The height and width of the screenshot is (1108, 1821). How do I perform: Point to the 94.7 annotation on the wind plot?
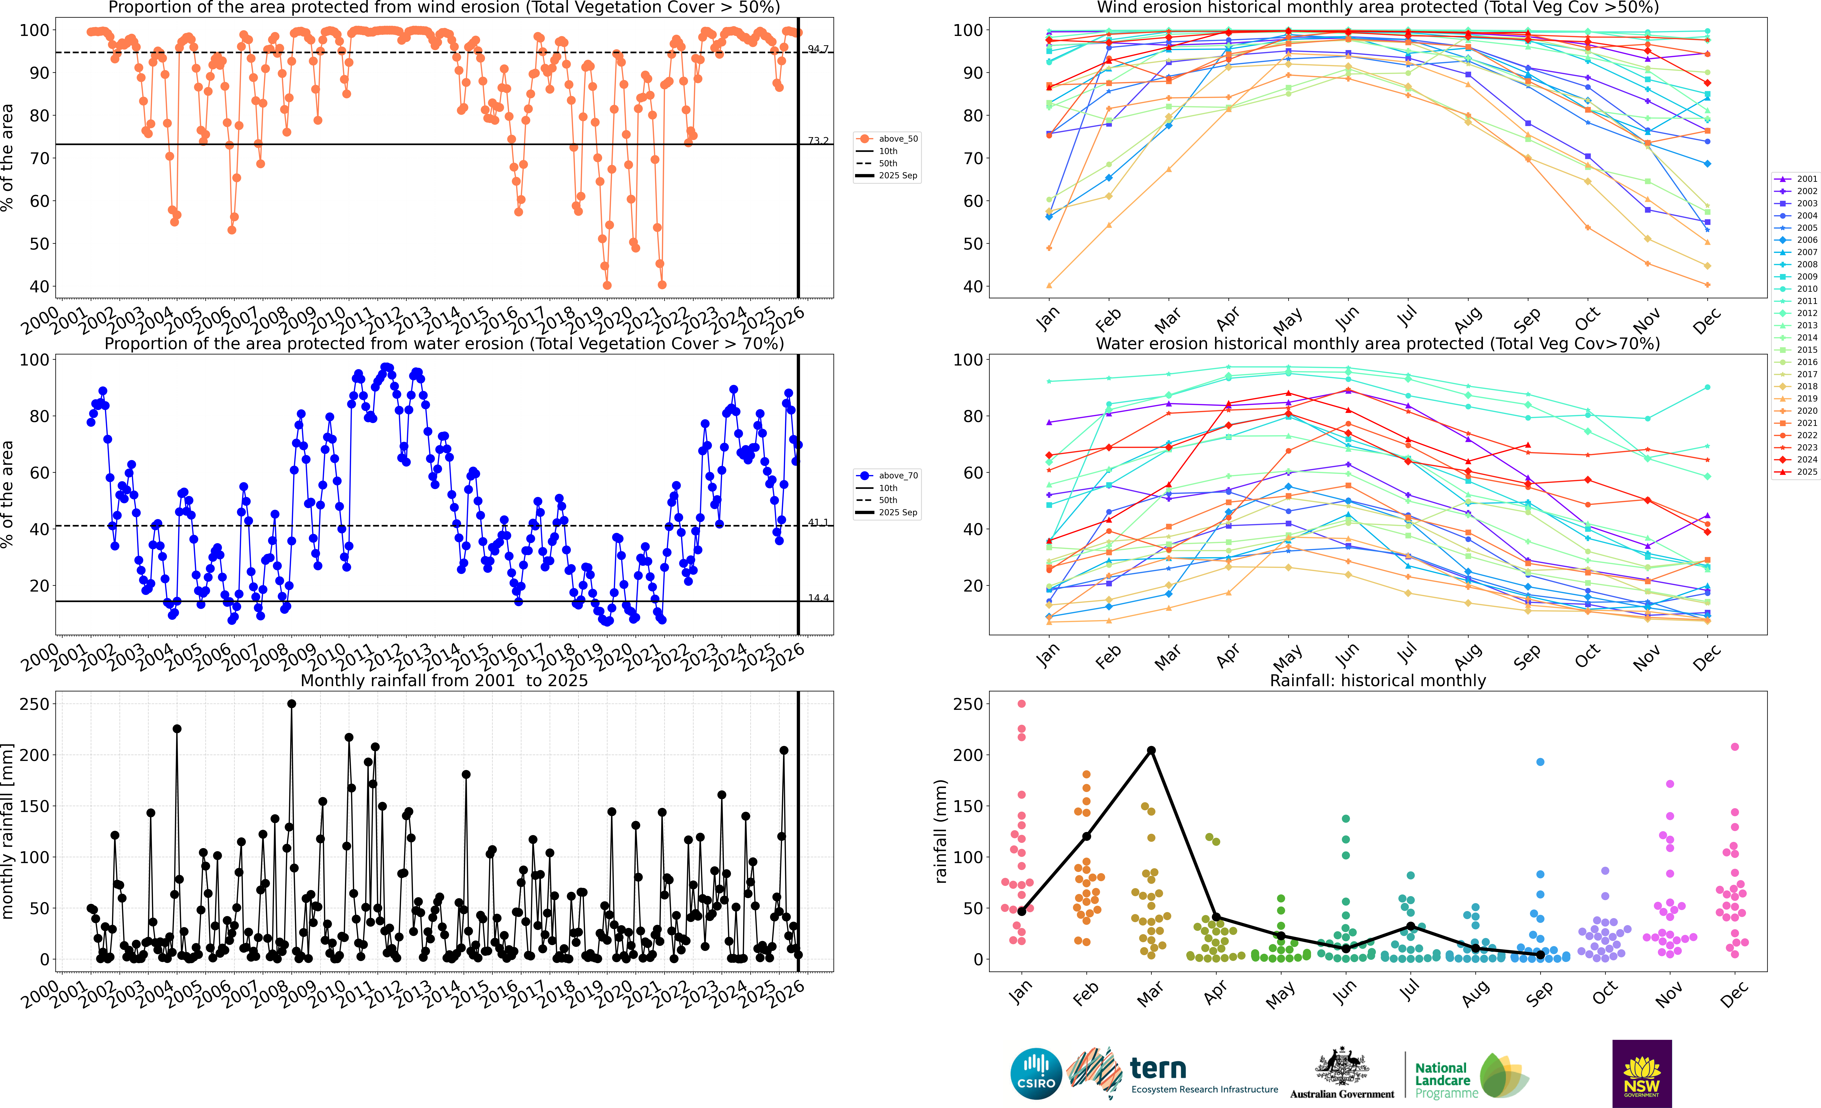tap(817, 49)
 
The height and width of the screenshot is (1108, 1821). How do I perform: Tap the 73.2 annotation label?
tap(817, 140)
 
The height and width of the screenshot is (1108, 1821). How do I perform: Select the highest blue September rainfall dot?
tap(1540, 762)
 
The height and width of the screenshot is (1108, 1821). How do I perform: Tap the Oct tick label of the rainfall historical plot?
tap(1604, 993)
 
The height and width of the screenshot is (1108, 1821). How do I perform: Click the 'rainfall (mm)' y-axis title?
tap(941, 831)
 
